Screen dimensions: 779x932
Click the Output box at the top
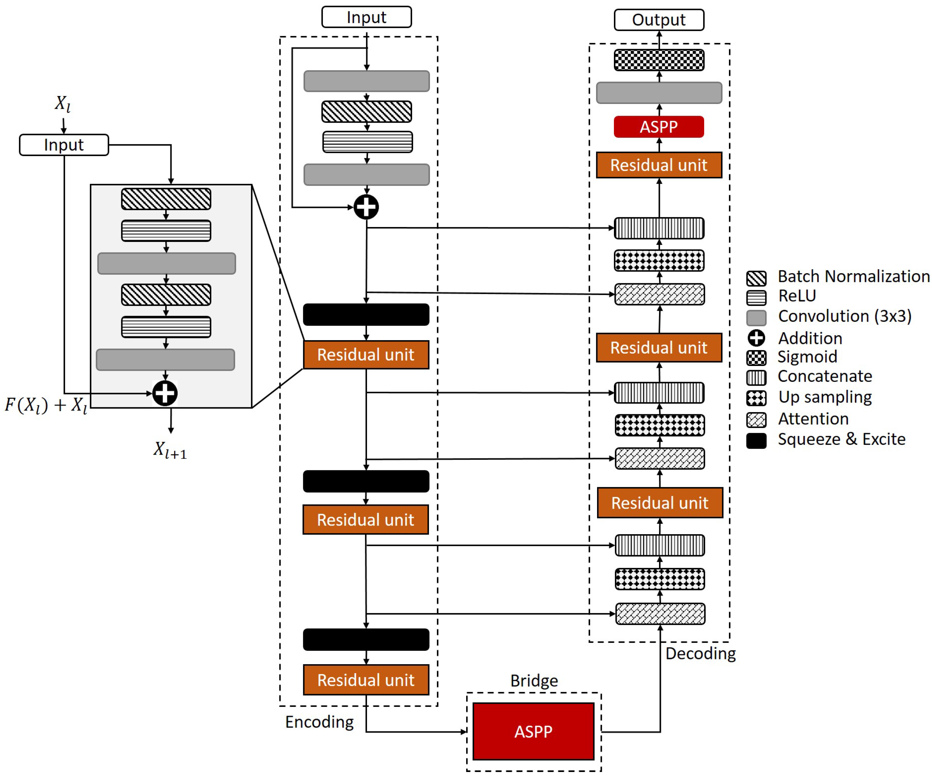point(659,20)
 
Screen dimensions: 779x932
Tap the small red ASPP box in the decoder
point(659,127)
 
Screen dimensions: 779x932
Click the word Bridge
point(534,680)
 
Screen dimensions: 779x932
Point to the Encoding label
point(319,722)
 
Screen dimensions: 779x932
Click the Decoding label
point(700,653)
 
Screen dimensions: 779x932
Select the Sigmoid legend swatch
point(756,357)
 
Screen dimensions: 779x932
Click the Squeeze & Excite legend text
point(841,439)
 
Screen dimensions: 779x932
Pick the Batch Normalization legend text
point(853,277)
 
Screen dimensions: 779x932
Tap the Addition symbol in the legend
point(756,338)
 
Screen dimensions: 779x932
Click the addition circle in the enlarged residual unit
point(165,393)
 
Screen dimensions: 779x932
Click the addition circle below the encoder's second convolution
point(366,207)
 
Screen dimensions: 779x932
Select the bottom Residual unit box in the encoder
point(366,679)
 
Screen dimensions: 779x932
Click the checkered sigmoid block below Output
point(659,60)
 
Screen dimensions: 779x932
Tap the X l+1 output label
point(170,450)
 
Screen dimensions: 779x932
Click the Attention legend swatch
point(756,420)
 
